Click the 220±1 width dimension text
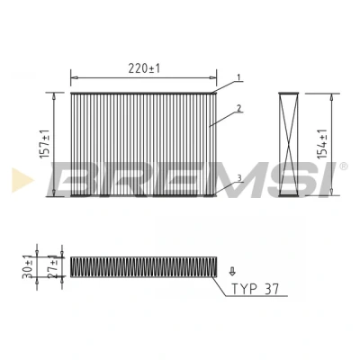click(144, 68)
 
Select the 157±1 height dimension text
click(45, 144)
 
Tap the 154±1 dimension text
click(322, 144)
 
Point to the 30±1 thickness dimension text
click(28, 267)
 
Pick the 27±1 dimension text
click(53, 266)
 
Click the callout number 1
click(238, 77)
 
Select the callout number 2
click(238, 108)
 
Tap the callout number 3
click(239, 178)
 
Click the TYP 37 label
click(255, 289)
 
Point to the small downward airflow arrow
click(232, 271)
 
